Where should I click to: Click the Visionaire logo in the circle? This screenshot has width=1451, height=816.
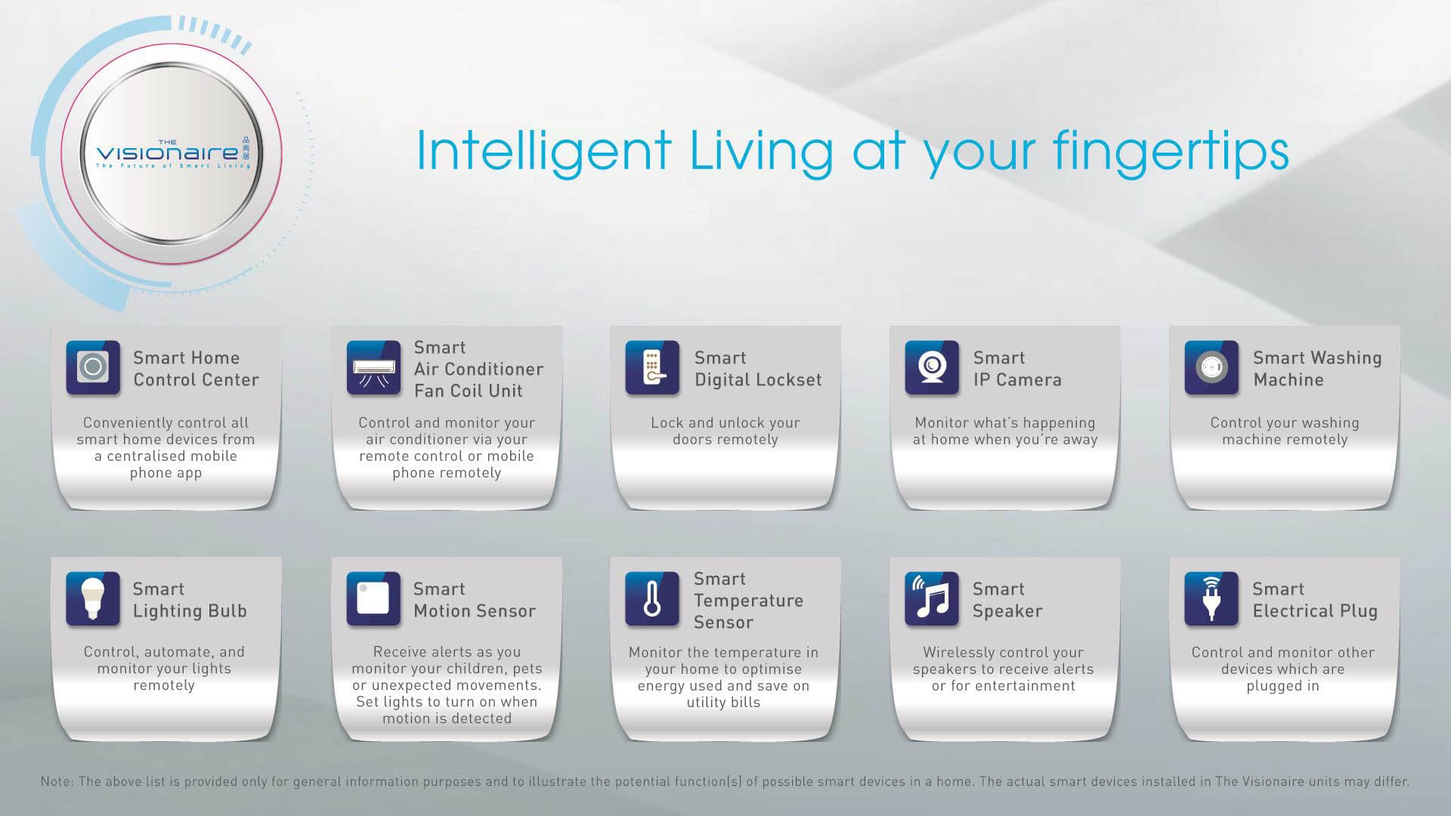coord(172,153)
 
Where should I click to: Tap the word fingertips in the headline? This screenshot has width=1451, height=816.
coord(1171,153)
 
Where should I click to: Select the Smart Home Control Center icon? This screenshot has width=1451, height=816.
coord(93,368)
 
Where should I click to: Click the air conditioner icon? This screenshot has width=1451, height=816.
coord(373,368)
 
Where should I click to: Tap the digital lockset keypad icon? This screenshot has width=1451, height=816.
coord(652,368)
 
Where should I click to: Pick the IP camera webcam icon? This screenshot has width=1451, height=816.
coord(932,368)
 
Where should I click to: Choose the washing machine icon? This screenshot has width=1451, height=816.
coord(1211,368)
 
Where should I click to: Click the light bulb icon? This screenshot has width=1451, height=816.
coord(93,599)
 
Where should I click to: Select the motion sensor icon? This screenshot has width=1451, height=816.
coord(373,599)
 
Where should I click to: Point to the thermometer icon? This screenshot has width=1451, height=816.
coord(652,599)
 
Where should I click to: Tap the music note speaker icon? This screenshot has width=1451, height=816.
coord(932,599)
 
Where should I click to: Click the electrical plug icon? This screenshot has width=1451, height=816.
coord(1211,599)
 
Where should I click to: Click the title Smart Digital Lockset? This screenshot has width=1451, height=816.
coord(758,369)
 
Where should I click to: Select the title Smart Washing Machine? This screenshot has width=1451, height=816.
coord(1317,369)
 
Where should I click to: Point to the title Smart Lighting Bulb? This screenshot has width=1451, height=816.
coord(190,600)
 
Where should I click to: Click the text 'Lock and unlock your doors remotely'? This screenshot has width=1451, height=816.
coord(725,431)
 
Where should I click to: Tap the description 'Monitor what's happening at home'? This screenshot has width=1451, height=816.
coord(1005,431)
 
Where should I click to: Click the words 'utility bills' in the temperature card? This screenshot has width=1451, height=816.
coord(723,703)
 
